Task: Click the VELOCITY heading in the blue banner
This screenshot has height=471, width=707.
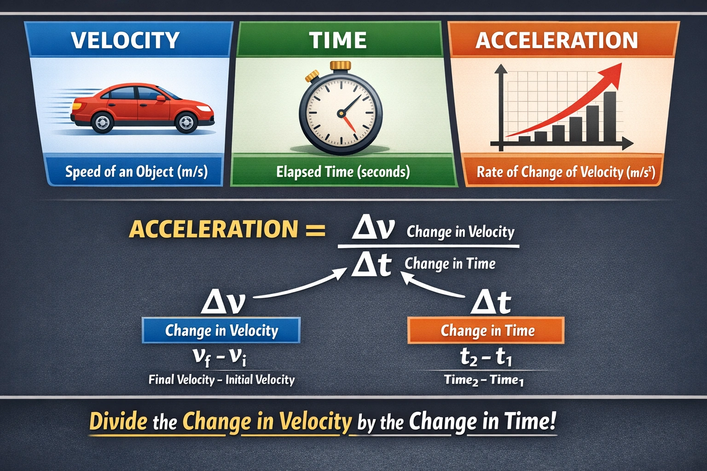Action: [125, 40]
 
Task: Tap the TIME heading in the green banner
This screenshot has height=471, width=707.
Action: [338, 40]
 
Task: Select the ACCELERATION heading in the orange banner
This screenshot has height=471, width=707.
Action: [557, 40]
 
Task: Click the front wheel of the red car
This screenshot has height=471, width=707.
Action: [186, 122]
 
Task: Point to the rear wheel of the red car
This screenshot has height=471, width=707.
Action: [102, 123]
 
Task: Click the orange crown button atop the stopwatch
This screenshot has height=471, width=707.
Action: [340, 65]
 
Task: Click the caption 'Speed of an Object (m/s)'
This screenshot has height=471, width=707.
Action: [136, 172]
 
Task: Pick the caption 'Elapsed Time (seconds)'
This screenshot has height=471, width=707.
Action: [343, 172]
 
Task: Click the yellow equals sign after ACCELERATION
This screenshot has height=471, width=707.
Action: [316, 229]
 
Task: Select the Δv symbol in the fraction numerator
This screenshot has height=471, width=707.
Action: [373, 229]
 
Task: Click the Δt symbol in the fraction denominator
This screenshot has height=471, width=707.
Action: [371, 265]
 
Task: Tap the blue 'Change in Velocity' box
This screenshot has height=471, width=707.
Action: [221, 330]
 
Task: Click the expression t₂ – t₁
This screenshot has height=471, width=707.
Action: [486, 357]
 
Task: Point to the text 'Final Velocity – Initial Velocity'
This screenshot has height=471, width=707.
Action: [221, 379]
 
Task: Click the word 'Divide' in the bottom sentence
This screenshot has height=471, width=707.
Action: [118, 421]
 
